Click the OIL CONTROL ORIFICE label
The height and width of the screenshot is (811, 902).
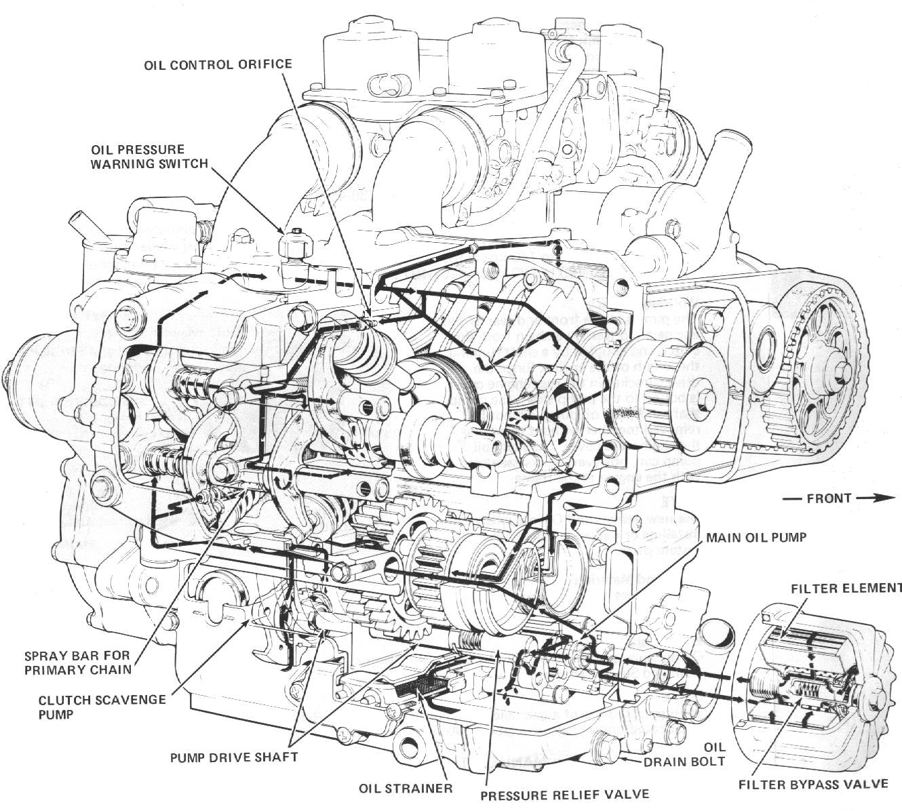coord(217,64)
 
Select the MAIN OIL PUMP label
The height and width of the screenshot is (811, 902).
coord(756,537)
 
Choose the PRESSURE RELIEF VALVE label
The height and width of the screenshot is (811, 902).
coord(564,794)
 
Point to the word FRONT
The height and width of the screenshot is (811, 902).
coord(828,498)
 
